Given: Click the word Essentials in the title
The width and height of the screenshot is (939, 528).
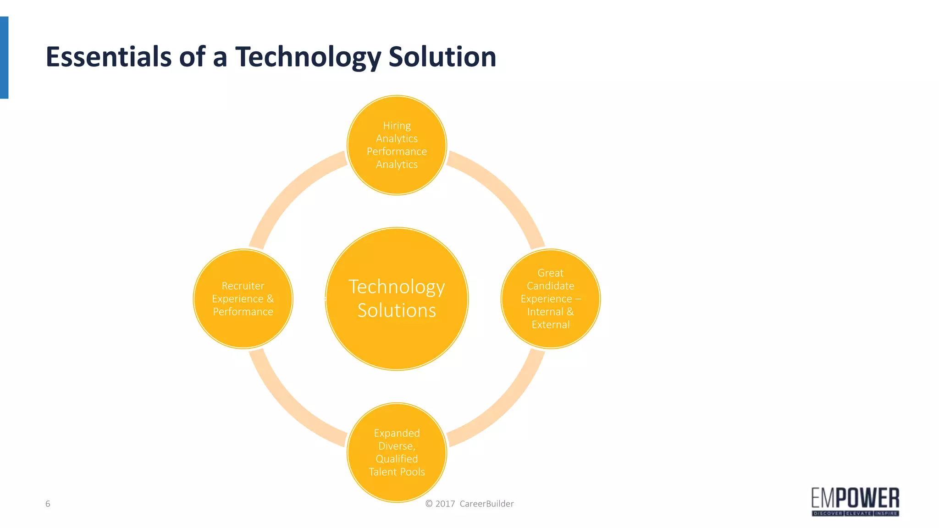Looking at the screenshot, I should [108, 57].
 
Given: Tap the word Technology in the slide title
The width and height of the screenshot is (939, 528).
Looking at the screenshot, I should [308, 57].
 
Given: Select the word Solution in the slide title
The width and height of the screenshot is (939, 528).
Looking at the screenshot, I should [442, 57].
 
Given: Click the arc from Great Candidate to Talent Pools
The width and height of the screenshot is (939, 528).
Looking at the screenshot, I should [504, 406].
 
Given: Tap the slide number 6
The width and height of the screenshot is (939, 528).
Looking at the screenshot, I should [48, 504].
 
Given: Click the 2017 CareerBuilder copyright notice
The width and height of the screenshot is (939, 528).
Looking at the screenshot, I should [469, 504].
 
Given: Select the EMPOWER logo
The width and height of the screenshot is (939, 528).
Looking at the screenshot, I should [855, 501].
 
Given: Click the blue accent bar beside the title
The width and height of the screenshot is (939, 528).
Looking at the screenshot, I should [4, 57].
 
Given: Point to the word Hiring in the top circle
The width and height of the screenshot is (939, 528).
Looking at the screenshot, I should [397, 126].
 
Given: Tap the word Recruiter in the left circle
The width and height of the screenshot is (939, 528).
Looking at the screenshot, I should [243, 286].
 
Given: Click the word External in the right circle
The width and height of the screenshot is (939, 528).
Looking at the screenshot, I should [551, 324].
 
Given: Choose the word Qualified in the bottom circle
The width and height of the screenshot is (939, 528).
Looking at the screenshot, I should [397, 459].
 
